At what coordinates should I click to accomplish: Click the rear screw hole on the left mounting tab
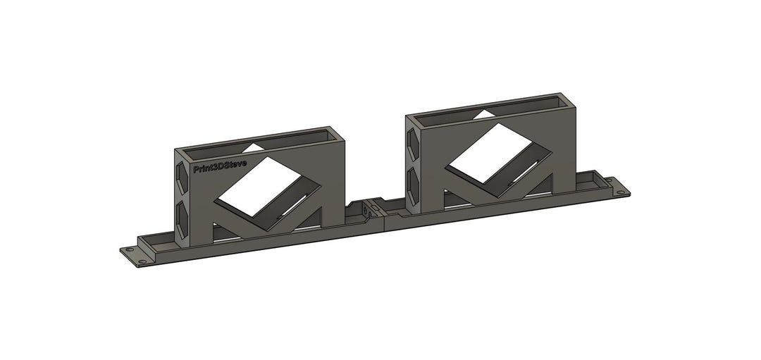[129, 249]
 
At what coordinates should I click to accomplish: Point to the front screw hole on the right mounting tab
[621, 192]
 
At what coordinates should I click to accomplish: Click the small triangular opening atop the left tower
[254, 147]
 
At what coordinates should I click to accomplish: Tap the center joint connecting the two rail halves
[366, 211]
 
